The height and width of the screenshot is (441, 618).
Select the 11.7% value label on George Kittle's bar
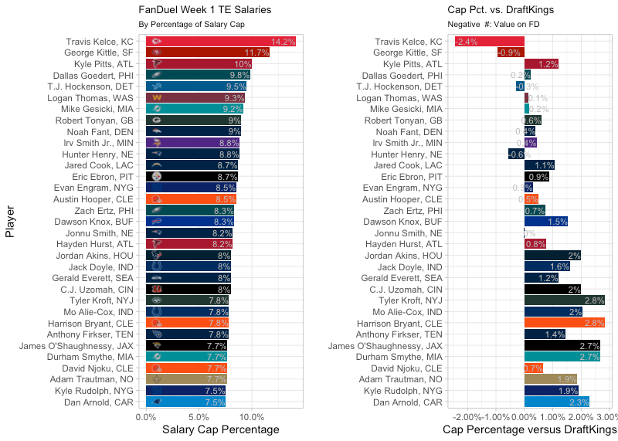point(258,53)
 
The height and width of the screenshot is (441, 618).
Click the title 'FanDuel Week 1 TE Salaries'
point(205,10)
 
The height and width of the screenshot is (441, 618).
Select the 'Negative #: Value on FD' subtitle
point(491,25)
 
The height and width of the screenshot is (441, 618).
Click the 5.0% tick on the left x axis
point(199,416)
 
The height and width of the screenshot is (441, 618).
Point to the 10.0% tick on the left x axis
point(251,416)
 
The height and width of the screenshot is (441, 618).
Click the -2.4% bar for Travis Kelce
point(489,42)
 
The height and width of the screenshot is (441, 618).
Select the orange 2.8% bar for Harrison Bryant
point(564,323)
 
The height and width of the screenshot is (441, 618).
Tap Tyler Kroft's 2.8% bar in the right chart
point(564,300)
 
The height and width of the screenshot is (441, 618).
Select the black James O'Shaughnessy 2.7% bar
point(562,345)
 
